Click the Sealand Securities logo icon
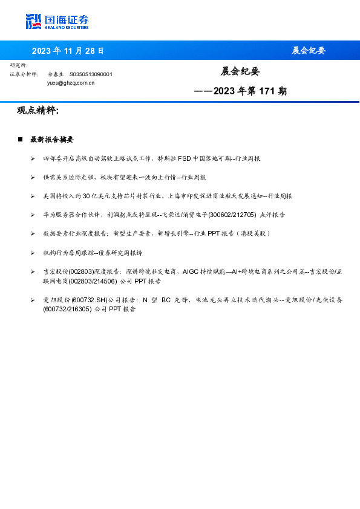click(33, 22)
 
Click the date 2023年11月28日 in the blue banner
click(68, 51)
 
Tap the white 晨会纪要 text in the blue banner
click(309, 51)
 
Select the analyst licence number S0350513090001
click(91, 74)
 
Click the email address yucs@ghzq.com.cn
click(71, 83)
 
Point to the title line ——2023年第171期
click(240, 92)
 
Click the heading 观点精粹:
click(38, 111)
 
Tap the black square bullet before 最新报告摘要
click(20, 140)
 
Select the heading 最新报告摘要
click(52, 140)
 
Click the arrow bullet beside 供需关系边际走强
click(33, 178)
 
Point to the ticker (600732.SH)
click(89, 300)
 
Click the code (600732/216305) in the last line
click(67, 309)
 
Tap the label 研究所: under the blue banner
click(19, 65)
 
